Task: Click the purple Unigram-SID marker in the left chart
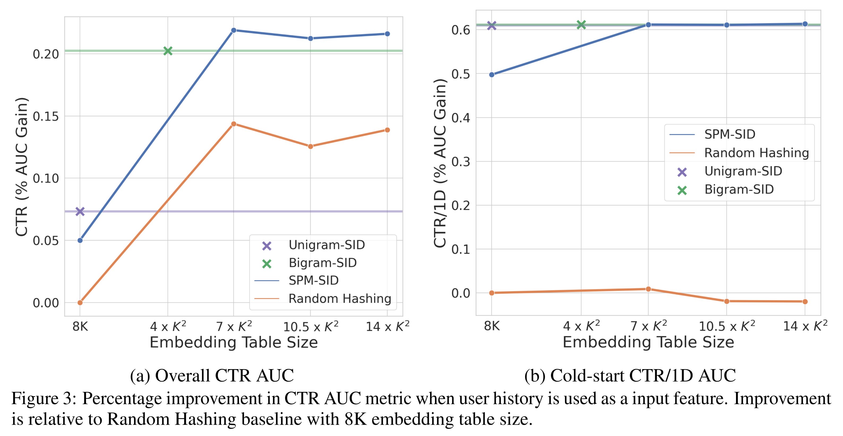click(80, 211)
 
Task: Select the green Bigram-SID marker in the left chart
click(168, 51)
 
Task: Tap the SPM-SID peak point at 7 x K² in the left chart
click(234, 30)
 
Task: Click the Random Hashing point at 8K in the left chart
click(80, 302)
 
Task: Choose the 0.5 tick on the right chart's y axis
click(460, 74)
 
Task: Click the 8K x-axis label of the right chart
click(491, 326)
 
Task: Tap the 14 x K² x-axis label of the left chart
click(387, 326)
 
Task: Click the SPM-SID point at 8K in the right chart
click(491, 75)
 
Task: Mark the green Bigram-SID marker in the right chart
click(581, 24)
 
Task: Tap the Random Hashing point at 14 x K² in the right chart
click(805, 301)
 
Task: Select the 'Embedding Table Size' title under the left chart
click(234, 342)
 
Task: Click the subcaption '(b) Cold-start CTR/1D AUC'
click(630, 375)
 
